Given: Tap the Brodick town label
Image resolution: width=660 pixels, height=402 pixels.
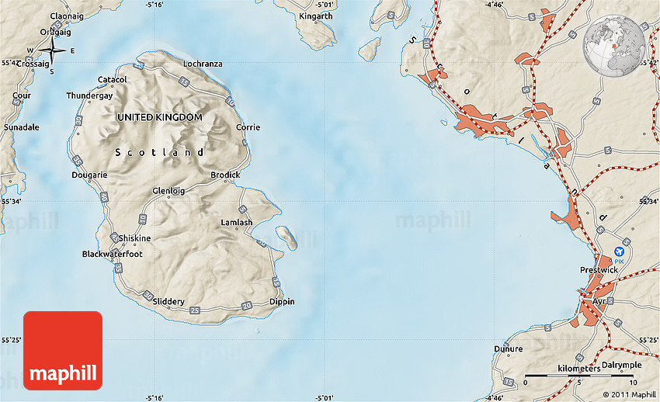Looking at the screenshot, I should (x=225, y=175).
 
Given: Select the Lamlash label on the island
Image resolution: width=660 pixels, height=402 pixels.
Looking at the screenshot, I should (x=236, y=222).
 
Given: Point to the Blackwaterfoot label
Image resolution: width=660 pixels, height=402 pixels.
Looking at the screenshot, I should (x=113, y=254).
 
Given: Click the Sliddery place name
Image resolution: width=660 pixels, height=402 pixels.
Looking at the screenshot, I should (x=168, y=301).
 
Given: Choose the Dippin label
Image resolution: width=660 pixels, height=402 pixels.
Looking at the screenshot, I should (x=282, y=301).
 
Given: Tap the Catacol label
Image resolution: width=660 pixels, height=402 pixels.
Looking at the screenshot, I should (x=112, y=79).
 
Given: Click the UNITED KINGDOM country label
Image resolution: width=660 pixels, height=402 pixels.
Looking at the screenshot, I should (x=159, y=117).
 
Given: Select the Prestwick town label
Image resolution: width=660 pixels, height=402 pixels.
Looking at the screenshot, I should (x=599, y=270).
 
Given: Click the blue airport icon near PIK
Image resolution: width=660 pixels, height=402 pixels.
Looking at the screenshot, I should (x=619, y=251).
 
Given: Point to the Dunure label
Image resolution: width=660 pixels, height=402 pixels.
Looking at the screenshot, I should (x=508, y=348).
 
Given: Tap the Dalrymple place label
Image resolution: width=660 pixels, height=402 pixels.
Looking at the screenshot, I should (x=620, y=365).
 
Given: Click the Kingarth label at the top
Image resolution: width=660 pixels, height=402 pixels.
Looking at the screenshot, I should (x=315, y=16).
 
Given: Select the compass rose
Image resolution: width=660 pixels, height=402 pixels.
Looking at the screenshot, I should (x=52, y=51).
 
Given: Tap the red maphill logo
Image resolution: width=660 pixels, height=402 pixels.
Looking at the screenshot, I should (x=63, y=350).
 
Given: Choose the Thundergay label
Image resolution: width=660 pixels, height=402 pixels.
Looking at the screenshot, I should (x=89, y=95).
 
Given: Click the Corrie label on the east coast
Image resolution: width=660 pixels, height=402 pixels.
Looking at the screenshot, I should (x=248, y=127).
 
